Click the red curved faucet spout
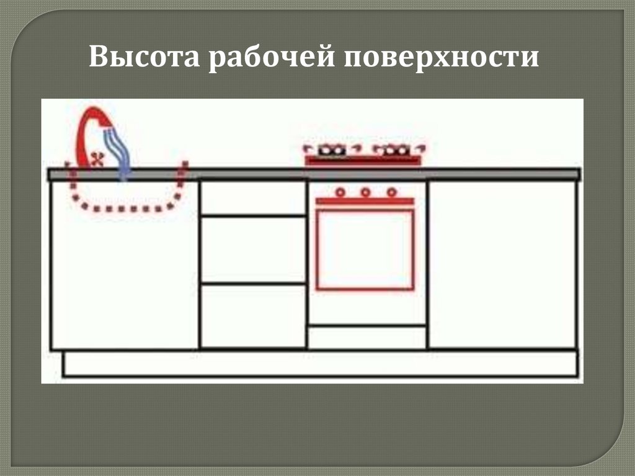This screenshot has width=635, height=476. pos(86,133)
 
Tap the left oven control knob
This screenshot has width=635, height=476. pos(339,192)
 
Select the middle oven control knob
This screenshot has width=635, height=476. pos(365,192)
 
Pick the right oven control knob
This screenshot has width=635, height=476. pos(391,192)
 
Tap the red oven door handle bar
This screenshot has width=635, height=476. pos(365,201)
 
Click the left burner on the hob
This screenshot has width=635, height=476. pos(332,150)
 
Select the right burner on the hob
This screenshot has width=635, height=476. pos(394,150)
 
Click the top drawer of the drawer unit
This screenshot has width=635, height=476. pos(253,198)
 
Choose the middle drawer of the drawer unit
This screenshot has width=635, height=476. pos(253,249)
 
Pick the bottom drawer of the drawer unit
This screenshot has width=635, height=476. pos(253,315)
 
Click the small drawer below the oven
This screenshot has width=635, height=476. pos(366,337)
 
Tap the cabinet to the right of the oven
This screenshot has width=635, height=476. pos(502,264)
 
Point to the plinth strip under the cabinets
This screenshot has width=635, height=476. pos(320,364)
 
